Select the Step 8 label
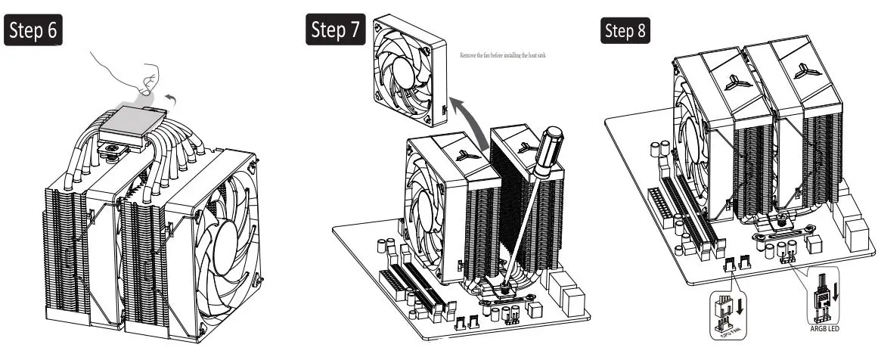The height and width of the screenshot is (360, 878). [625, 31]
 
